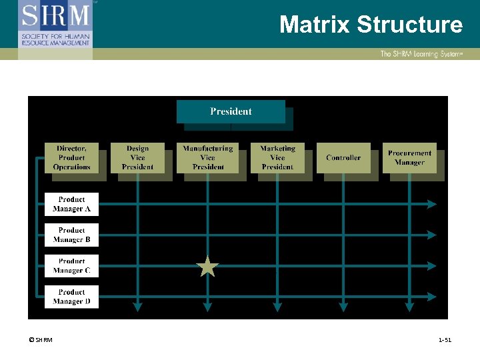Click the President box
pyautogui.click(x=231, y=111)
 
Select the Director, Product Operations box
pyautogui.click(x=71, y=158)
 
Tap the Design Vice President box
pyautogui.click(x=137, y=158)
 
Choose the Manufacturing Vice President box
pyautogui.click(x=208, y=158)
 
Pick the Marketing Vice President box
pyautogui.click(x=277, y=158)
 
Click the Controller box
pyautogui.click(x=343, y=158)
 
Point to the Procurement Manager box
pyautogui.click(x=409, y=158)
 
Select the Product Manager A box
pyautogui.click(x=71, y=204)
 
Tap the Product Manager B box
pyautogui.click(x=71, y=235)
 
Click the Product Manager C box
pyautogui.click(x=71, y=266)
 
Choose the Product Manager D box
pyautogui.click(x=71, y=297)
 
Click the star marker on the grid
pyautogui.click(x=208, y=267)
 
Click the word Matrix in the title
pyautogui.click(x=315, y=25)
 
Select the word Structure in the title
pyautogui.click(x=409, y=25)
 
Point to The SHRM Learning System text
pyautogui.click(x=421, y=54)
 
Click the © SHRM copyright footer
pyautogui.click(x=40, y=341)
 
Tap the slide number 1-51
pyautogui.click(x=445, y=341)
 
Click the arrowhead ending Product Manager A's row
pyautogui.click(x=432, y=204)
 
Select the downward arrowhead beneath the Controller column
pyautogui.click(x=343, y=307)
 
